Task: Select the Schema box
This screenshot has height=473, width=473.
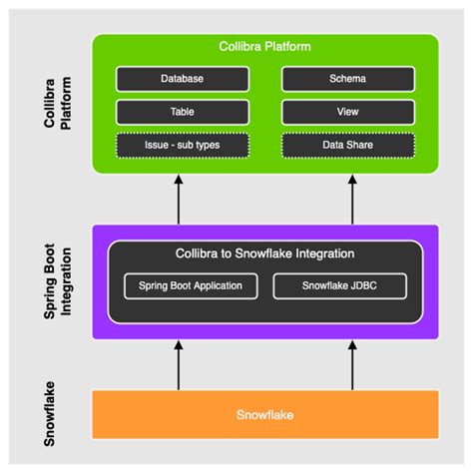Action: coord(348,79)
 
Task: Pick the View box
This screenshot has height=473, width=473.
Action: coord(348,112)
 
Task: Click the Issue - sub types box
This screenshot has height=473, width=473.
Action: coord(182,146)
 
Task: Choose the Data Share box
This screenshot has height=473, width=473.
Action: coord(348,146)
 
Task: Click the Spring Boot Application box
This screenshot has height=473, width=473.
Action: coord(190,286)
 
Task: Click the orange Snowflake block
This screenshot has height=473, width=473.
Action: coord(265,414)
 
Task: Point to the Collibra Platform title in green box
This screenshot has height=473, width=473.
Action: coord(265,47)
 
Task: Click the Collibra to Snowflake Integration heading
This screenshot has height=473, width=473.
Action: coord(265,253)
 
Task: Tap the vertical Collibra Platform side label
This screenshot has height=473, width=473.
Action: coord(61,101)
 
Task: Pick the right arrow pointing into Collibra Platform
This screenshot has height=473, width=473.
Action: coord(352,197)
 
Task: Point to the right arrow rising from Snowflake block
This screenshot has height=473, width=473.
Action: coord(352,365)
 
